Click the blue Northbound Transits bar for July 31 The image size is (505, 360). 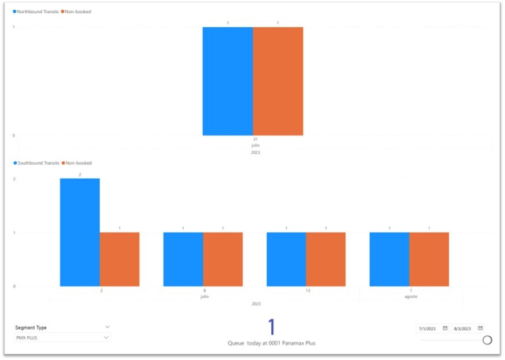pyautogui.click(x=227, y=81)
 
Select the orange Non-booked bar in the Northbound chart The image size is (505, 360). pyautogui.click(x=278, y=81)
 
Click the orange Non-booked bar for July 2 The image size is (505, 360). pyautogui.click(x=119, y=259)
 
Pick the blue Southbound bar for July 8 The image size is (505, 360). pyautogui.click(x=183, y=259)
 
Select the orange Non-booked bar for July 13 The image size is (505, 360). pyautogui.click(x=325, y=259)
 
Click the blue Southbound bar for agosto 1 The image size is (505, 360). pyautogui.click(x=389, y=259)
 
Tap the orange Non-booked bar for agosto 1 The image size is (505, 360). pyautogui.click(x=428, y=259)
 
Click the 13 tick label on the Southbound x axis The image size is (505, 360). pyautogui.click(x=307, y=291)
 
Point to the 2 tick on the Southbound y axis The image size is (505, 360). pyautogui.click(x=14, y=179)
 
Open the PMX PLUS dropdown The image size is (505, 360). pyautogui.click(x=62, y=338)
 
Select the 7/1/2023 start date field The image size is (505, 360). pyautogui.click(x=429, y=328)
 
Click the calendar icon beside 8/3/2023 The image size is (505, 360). pyautogui.click(x=481, y=328)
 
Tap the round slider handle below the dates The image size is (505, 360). pyautogui.click(x=487, y=340)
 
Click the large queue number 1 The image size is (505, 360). pyautogui.click(x=272, y=327)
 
